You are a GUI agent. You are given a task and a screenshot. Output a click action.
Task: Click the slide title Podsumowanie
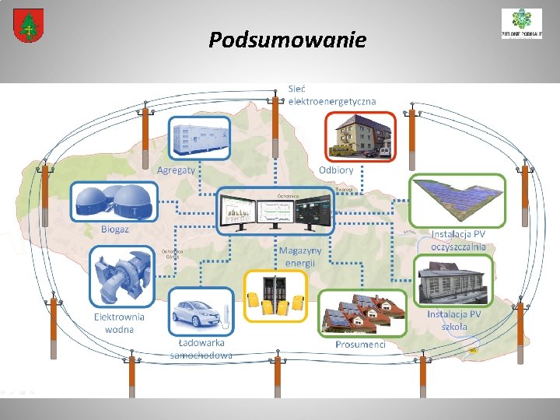coord(287,40)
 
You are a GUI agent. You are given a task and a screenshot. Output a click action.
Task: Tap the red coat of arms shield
coord(28,26)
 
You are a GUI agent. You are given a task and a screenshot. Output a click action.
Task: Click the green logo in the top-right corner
coord(521,23)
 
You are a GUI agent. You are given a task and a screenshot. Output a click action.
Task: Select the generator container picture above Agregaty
coord(201,138)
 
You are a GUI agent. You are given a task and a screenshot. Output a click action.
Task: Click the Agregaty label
coord(176,170)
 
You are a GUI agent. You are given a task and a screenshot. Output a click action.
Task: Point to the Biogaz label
coord(115,229)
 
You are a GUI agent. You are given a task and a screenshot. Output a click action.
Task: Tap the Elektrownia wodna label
coord(119,323)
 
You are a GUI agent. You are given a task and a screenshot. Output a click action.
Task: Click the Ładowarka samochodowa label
coord(201,349)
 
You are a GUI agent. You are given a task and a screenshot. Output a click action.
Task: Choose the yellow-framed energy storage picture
coord(275,296)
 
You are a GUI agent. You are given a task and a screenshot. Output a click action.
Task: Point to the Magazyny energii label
coord(300,257)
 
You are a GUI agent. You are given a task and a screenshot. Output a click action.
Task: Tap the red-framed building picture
coord(360,136)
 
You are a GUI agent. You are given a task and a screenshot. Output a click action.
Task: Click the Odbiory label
coord(336,170)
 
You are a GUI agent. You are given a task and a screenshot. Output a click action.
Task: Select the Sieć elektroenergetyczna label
coord(331,95)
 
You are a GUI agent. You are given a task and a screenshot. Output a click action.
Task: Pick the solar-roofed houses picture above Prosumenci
coord(362,313)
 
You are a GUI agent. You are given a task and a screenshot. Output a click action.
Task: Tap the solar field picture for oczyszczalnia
coord(457,201)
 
